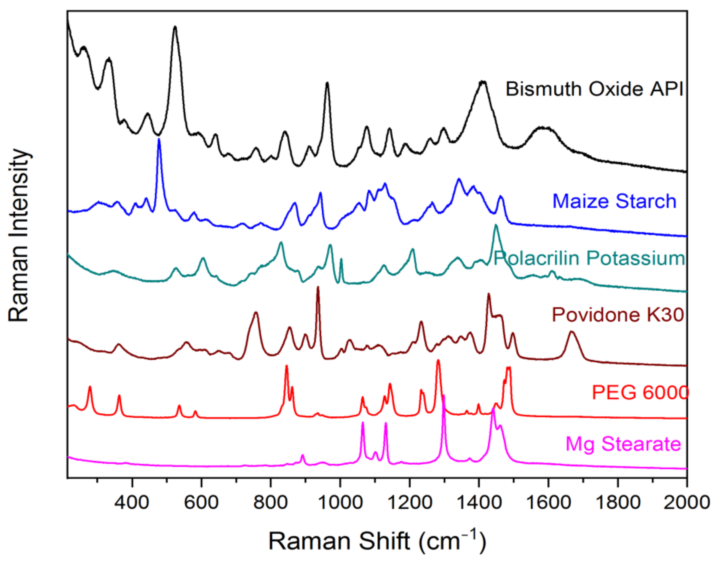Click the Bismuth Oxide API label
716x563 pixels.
(594, 89)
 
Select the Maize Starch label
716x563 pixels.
(614, 201)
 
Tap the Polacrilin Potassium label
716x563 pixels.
(589, 258)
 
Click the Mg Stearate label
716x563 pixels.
(623, 444)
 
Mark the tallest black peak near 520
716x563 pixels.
(175, 27)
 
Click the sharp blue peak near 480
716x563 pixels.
(159, 139)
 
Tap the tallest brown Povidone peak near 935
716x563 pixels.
(318, 287)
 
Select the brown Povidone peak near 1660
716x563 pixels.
(571, 332)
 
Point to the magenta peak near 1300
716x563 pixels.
(443, 395)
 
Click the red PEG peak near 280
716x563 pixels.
(90, 387)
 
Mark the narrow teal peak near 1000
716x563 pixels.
(341, 259)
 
